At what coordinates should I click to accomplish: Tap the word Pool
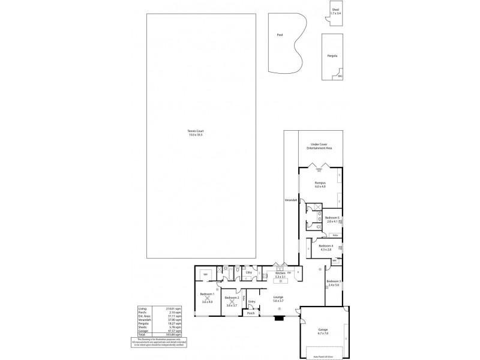(x=280, y=35)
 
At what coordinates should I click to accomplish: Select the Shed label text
(x=335, y=10)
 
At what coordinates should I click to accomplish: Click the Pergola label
(x=332, y=56)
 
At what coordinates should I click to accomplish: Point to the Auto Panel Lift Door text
(x=323, y=356)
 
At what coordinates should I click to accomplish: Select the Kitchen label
(x=280, y=274)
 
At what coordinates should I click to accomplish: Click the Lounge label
(x=278, y=298)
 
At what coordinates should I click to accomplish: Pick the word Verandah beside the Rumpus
(x=290, y=199)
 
